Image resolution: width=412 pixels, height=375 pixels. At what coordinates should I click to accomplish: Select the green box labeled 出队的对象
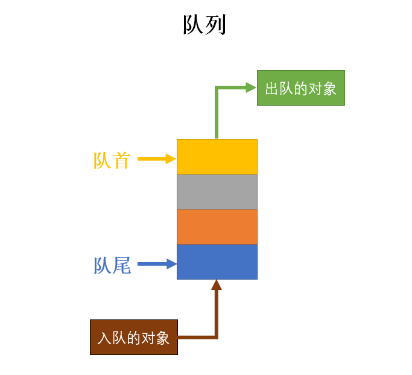pos(300,88)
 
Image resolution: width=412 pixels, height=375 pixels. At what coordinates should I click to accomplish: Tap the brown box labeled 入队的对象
pos(134,337)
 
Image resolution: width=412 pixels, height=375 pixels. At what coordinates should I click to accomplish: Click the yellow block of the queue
pos(217,156)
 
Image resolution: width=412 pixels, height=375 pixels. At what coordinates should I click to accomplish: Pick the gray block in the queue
pos(217,191)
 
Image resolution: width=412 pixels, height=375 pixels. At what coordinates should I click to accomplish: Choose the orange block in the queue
pos(217,226)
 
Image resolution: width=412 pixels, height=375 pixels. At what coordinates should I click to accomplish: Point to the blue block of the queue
pos(217,261)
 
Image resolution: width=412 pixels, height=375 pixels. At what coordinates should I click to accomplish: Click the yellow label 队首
pos(112,160)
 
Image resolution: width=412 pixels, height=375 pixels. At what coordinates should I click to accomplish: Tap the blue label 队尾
pos(112,265)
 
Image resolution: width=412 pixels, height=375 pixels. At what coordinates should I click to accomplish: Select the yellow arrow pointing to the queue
pos(156,159)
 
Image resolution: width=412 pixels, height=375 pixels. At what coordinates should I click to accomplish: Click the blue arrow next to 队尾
pos(156,264)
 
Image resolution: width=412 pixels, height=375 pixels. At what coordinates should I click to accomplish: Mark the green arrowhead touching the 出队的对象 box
pos(251,88)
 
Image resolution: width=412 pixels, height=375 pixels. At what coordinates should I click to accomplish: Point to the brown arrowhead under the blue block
pos(217,284)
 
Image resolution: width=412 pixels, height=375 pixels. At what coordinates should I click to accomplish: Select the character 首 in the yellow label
pos(121,160)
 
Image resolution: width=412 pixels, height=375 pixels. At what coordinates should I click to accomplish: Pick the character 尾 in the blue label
pos(121,265)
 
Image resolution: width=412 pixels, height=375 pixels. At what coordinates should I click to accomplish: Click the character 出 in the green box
pos(271,89)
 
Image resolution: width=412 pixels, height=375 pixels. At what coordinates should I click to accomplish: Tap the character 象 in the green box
pos(329,89)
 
